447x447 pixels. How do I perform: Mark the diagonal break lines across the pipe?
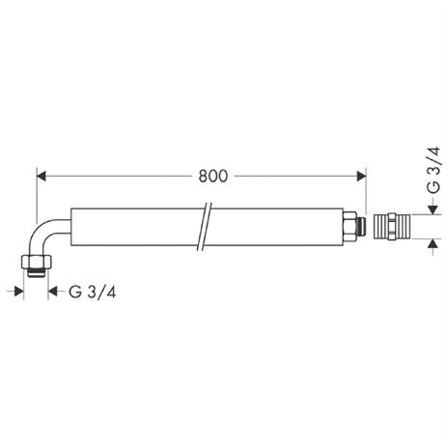(x=204, y=228)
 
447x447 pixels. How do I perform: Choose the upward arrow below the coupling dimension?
(x=430, y=247)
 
